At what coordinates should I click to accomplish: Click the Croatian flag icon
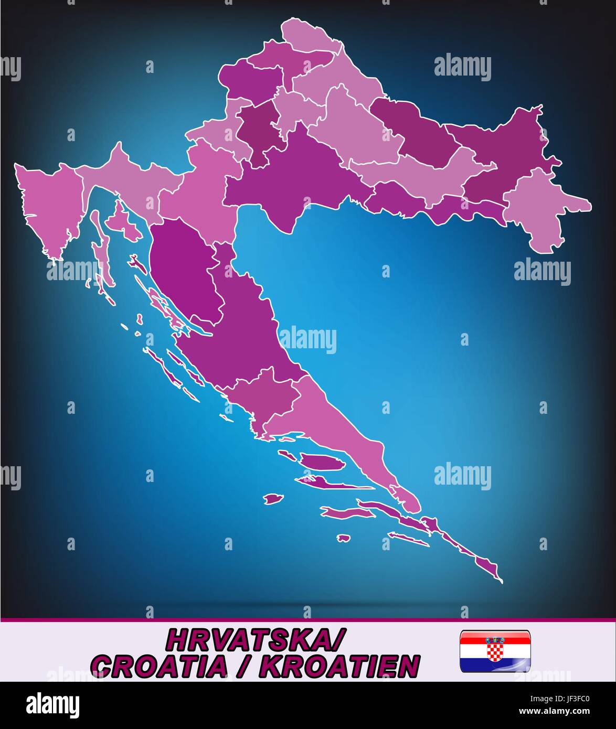point(494,651)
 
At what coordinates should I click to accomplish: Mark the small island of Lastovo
point(343,538)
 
